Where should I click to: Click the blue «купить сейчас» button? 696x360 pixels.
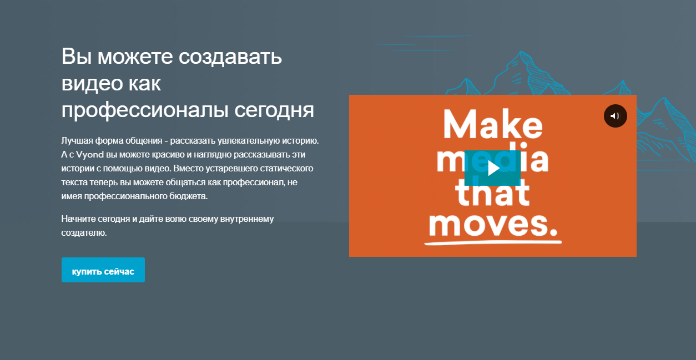pos(103,270)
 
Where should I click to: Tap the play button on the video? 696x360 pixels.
pos(492,168)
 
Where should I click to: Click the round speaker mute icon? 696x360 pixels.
pos(615,116)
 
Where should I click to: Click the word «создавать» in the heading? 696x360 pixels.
pos(230,56)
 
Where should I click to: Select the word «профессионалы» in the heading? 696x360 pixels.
pos(145,110)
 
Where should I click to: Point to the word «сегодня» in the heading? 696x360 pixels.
pos(274,111)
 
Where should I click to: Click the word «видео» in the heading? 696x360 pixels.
pos(92,84)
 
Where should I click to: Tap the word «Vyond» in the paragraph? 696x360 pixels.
pos(90,155)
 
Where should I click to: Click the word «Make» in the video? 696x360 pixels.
pos(493,124)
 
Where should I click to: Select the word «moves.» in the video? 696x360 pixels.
pos(493,224)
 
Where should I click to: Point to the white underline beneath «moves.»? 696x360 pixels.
pos(493,242)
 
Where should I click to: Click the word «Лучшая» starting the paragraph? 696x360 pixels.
pos(77,141)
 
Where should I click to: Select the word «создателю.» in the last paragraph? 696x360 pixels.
pos(84,233)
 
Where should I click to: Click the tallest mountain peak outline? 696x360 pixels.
pos(521,52)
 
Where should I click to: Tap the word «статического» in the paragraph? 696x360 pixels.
pos(286,169)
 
